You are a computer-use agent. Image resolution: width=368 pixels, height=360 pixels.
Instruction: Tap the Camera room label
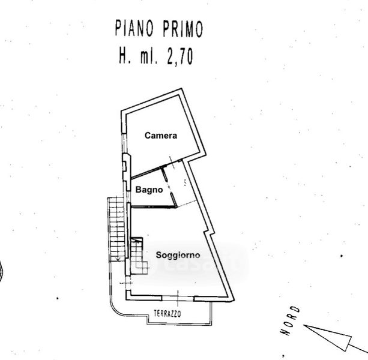click(x=161, y=136)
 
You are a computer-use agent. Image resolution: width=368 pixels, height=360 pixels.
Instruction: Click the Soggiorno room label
click(x=178, y=254)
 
